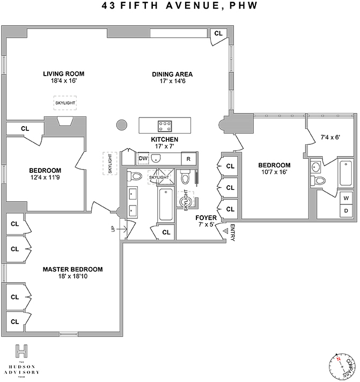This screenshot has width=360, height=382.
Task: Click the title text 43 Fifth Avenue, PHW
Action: click(x=180, y=6)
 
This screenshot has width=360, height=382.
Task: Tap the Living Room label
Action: click(x=64, y=74)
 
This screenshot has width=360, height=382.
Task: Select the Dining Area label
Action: click(x=172, y=75)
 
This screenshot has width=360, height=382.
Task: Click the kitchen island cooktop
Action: click(x=165, y=126)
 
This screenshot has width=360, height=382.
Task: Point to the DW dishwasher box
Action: click(x=143, y=158)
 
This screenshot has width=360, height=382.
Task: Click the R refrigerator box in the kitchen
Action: click(x=188, y=159)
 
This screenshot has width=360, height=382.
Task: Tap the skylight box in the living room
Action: click(x=65, y=103)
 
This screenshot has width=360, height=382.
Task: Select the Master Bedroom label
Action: click(x=72, y=269)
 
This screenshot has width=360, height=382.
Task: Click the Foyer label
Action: click(x=206, y=218)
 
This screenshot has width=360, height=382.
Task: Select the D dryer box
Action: click(x=346, y=210)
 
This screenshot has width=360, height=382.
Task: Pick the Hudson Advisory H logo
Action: click(x=22, y=351)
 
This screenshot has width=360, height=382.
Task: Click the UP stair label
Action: click(x=113, y=230)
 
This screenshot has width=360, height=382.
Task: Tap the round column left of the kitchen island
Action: click(x=122, y=126)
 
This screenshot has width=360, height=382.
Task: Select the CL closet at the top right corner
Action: click(x=218, y=33)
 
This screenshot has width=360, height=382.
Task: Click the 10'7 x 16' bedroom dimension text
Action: click(x=274, y=172)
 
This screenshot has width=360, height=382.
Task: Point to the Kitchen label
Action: click(x=164, y=139)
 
